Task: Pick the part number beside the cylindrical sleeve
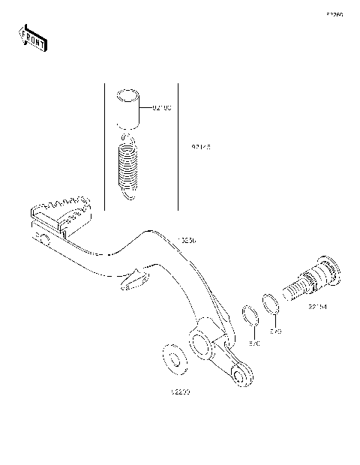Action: pyautogui.click(x=161, y=109)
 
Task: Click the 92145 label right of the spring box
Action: pyautogui.click(x=200, y=148)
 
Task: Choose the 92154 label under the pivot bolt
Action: pyautogui.click(x=316, y=307)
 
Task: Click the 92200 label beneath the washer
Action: pyautogui.click(x=179, y=392)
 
